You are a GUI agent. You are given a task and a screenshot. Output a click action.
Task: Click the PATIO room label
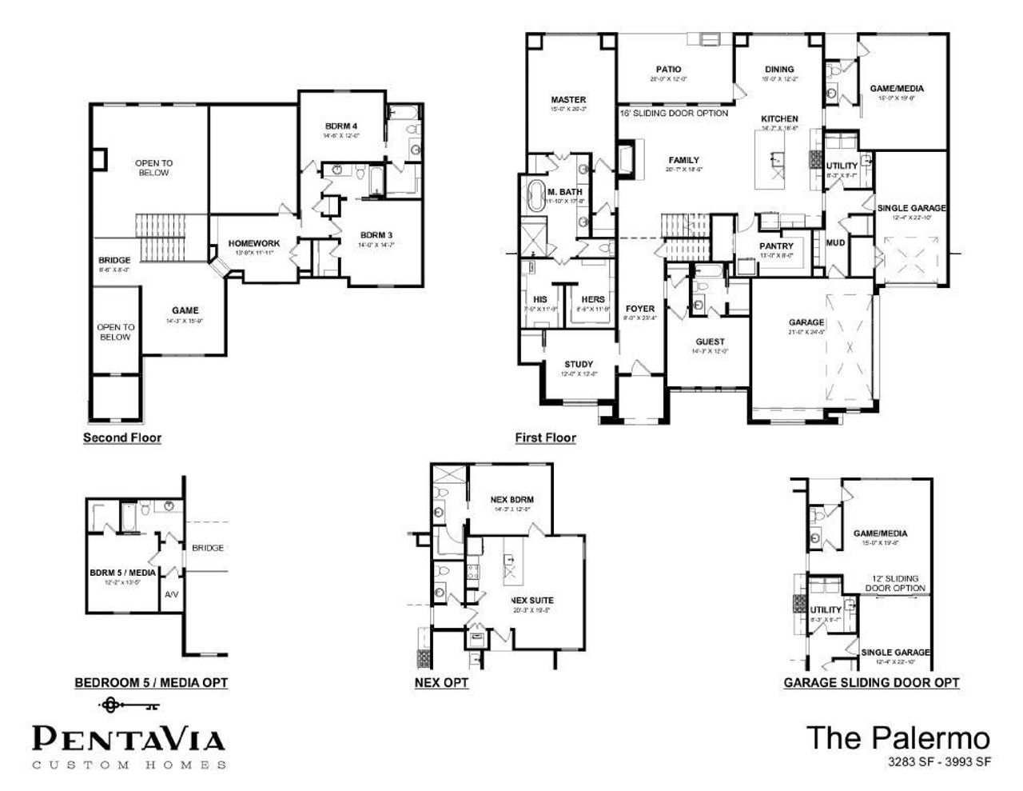[x=668, y=70]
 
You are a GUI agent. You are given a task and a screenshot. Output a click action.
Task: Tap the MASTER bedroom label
[x=568, y=100]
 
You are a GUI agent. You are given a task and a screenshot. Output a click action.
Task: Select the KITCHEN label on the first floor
[x=778, y=118]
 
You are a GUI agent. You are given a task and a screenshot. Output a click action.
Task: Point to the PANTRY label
[x=776, y=246]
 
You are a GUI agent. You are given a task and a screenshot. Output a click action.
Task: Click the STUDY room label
[x=578, y=365]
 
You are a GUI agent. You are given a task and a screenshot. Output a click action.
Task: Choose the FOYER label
[x=639, y=309]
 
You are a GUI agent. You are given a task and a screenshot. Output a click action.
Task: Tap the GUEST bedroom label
[x=710, y=342]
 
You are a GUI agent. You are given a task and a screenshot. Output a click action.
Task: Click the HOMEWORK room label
[x=253, y=243]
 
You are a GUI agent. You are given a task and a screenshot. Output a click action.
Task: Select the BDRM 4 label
[x=341, y=126]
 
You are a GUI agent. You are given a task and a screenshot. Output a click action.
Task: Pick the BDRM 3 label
[x=376, y=234]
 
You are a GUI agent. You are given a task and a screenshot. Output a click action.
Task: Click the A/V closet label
[x=171, y=595]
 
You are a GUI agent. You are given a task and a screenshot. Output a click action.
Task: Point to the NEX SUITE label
[x=531, y=600]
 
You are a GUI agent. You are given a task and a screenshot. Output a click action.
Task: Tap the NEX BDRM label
[x=511, y=500]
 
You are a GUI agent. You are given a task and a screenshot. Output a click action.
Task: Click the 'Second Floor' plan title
[x=122, y=437]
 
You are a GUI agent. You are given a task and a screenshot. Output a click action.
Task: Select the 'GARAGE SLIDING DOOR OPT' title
[x=871, y=682]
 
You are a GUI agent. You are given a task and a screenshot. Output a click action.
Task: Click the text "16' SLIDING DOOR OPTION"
[x=674, y=114]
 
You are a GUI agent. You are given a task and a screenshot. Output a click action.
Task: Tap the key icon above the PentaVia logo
[x=128, y=705]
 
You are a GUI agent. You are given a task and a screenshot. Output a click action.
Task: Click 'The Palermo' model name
[x=898, y=737]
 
